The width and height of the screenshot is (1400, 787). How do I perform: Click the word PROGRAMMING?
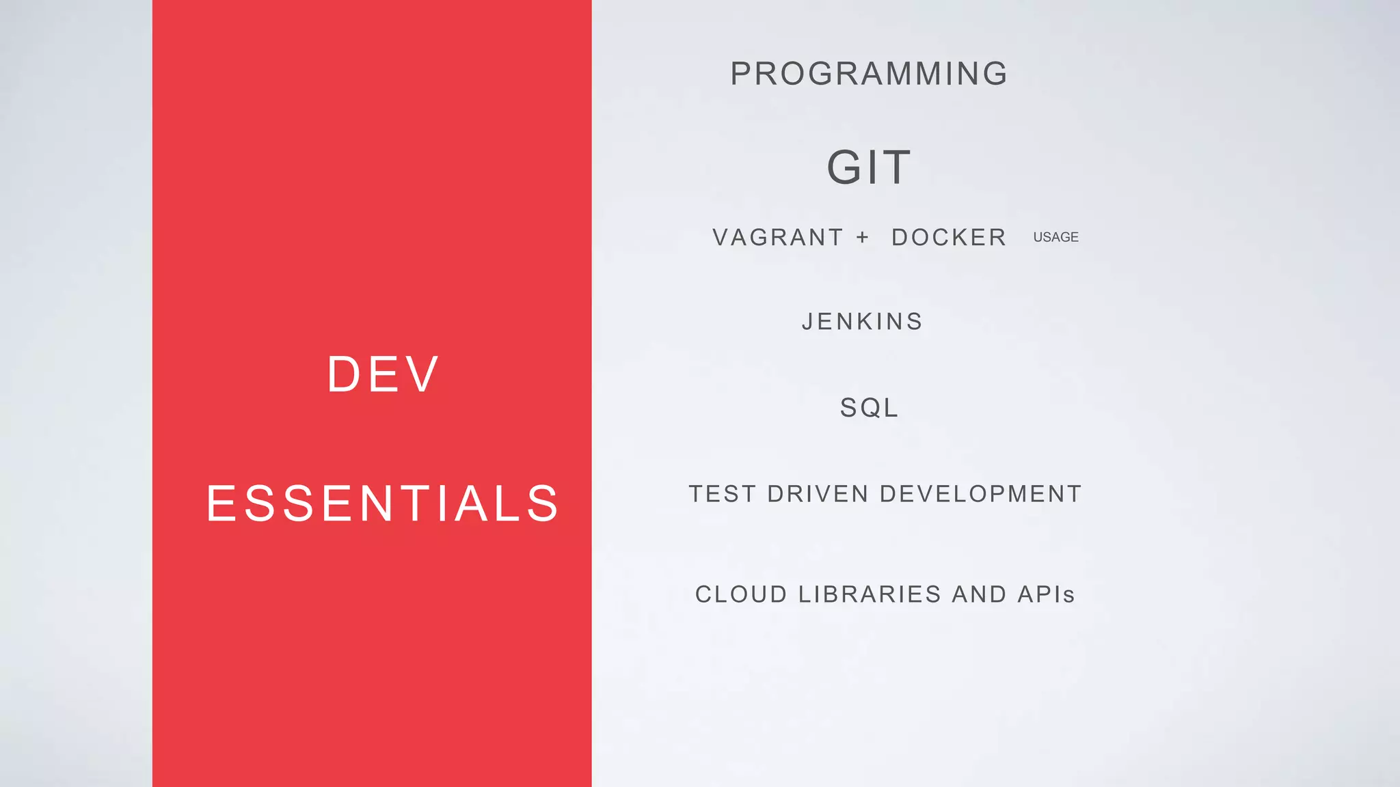tap(869, 74)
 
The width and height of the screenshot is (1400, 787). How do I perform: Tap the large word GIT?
tap(869, 167)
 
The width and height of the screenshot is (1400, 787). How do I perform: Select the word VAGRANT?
tap(778, 238)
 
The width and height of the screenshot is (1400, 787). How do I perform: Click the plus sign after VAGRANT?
tap(863, 237)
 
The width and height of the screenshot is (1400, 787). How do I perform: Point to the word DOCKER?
tap(949, 238)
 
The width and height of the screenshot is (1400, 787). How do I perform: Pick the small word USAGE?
tap(1055, 237)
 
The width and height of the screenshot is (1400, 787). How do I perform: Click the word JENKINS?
tap(862, 322)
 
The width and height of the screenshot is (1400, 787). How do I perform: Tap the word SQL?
tap(869, 408)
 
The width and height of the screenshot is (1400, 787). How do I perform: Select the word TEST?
tap(723, 494)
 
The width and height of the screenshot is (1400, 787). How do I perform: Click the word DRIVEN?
tap(818, 494)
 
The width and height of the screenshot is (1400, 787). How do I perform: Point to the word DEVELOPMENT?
tap(980, 494)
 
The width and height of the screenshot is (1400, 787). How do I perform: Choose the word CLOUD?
tap(742, 594)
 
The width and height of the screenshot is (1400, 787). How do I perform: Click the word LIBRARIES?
tap(870, 594)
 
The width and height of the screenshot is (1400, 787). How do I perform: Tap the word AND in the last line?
tap(979, 594)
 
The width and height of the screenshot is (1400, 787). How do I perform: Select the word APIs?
tap(1046, 594)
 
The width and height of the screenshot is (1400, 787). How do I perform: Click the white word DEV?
tap(383, 374)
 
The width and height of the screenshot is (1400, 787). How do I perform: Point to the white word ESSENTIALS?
tap(383, 503)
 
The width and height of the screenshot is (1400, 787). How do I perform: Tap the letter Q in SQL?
tap(869, 408)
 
